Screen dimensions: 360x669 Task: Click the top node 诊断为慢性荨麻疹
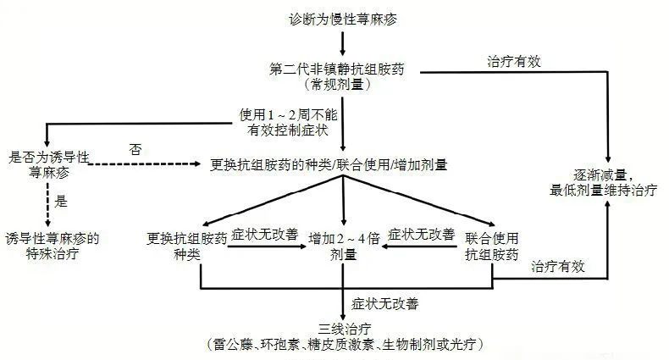point(342,18)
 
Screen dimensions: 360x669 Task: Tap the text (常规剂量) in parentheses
point(342,85)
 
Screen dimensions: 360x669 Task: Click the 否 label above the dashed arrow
point(135,149)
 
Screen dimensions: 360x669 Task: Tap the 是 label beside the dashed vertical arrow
point(60,202)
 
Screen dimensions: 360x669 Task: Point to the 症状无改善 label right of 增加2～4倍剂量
point(421,233)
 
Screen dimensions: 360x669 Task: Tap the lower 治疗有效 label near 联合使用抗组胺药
point(558,266)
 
